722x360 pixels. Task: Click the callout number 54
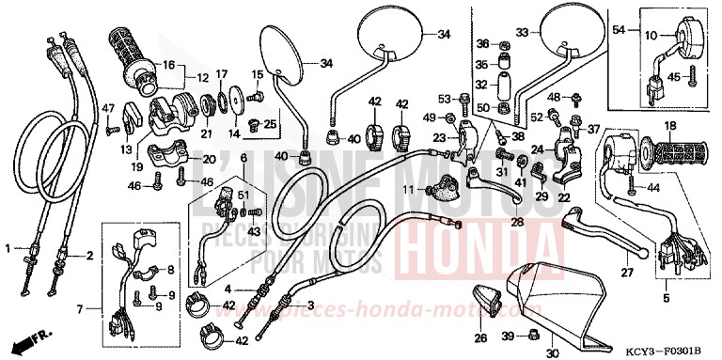coord(619,31)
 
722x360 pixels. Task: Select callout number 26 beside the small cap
coord(479,339)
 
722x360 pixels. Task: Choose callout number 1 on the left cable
coord(9,249)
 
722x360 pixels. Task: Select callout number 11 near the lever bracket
coord(410,190)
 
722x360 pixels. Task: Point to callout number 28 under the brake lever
coord(517,222)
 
